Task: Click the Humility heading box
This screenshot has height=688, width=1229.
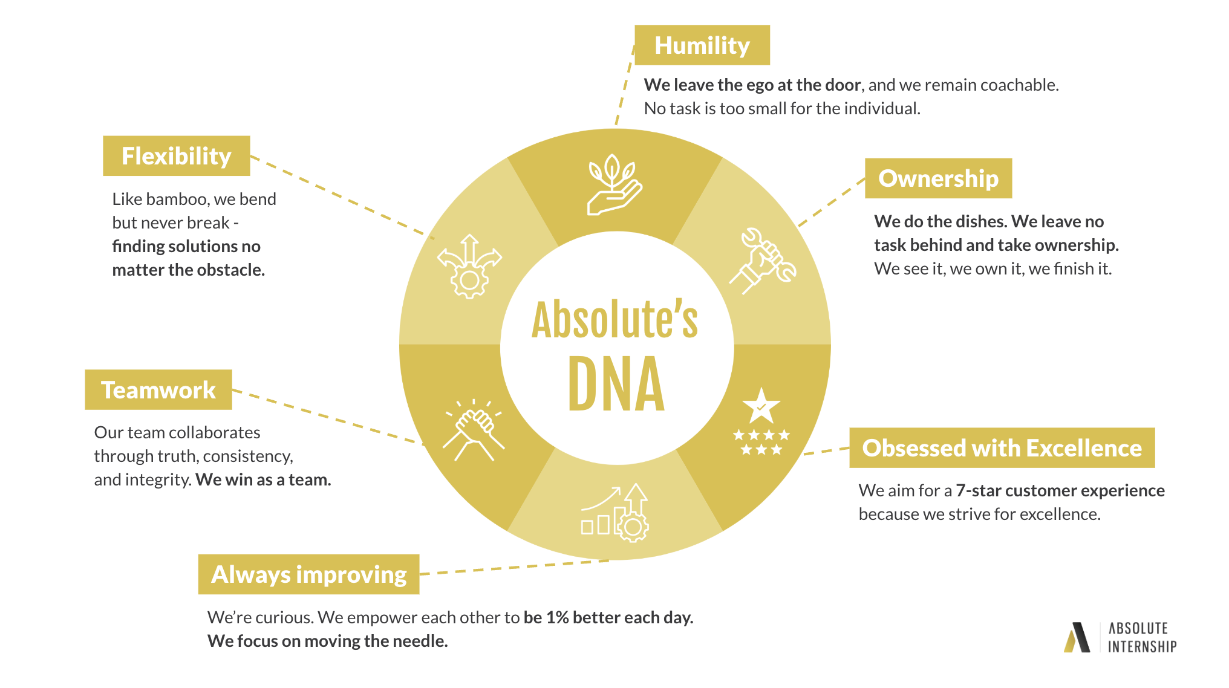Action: click(702, 45)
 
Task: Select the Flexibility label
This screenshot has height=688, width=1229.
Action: click(177, 156)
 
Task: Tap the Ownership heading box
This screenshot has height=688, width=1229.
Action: click(939, 178)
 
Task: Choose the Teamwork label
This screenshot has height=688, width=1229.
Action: click(158, 390)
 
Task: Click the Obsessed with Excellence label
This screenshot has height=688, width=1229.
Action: click(1002, 448)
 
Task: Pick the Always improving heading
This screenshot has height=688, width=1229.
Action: click(309, 574)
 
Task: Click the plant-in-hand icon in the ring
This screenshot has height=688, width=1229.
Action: click(614, 184)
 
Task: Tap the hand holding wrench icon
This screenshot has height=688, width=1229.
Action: click(763, 261)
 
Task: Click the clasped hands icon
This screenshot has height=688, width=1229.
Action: click(474, 430)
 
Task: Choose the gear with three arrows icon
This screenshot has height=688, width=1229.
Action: click(470, 267)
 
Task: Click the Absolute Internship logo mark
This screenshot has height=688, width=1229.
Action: click(1077, 638)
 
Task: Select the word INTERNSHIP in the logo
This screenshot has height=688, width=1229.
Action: click(1143, 647)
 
